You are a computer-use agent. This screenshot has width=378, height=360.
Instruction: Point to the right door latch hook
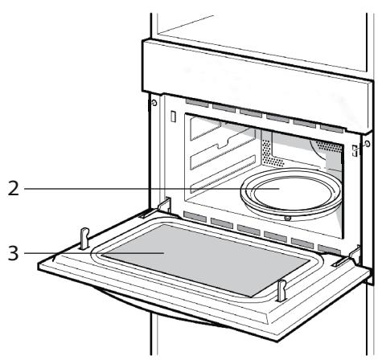[281, 290]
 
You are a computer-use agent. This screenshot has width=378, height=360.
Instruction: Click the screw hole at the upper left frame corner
[153, 104]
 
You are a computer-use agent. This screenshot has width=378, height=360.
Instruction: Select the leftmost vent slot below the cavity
[192, 215]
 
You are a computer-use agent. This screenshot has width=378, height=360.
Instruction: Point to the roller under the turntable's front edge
[288, 216]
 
